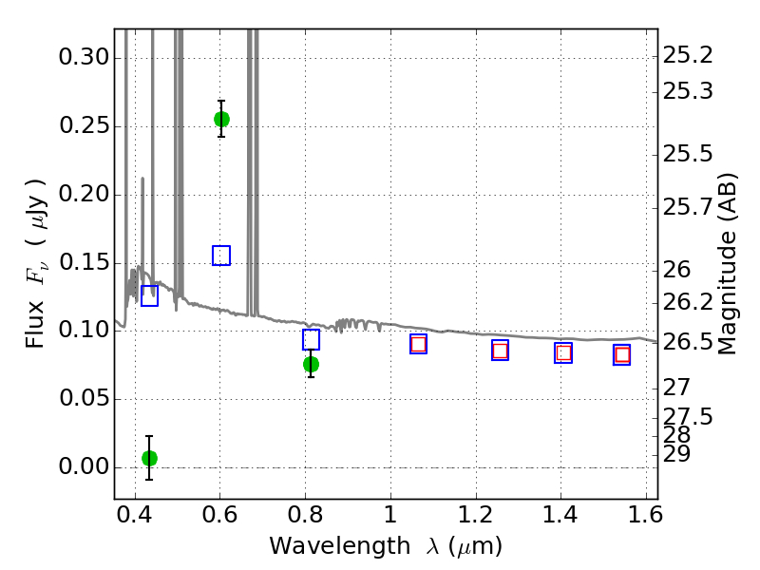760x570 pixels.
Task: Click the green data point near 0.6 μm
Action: click(221, 119)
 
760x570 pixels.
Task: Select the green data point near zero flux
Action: click(149, 458)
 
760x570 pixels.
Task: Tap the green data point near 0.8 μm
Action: click(311, 364)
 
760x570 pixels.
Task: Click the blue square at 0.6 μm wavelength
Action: click(221, 256)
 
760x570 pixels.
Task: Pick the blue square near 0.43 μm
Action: click(149, 295)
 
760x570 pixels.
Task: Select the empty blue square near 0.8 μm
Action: click(311, 340)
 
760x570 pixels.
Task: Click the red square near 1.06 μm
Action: click(418, 344)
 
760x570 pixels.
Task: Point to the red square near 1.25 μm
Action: click(500, 351)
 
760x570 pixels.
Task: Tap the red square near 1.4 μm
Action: click(563, 352)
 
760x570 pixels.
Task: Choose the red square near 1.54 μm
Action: click(622, 354)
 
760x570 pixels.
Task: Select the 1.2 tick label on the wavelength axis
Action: click(476, 515)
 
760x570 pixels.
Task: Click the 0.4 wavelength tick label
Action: click(134, 515)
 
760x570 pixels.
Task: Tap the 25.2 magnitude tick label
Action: click(688, 56)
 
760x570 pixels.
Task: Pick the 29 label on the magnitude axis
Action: click(676, 454)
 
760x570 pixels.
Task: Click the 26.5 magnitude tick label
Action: click(688, 342)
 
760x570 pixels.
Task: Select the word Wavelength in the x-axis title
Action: click(340, 546)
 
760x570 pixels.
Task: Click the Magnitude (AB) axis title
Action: click(726, 264)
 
